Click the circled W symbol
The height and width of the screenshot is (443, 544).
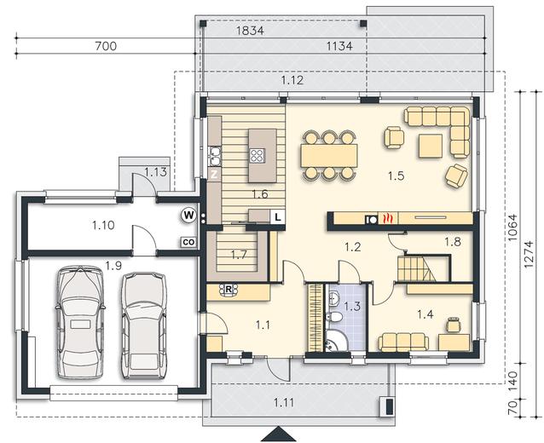[188, 216]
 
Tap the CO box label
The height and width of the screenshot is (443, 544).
[188, 242]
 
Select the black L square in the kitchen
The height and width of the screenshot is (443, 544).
[278, 217]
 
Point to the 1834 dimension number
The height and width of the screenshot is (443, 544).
[250, 31]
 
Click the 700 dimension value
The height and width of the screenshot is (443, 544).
[106, 46]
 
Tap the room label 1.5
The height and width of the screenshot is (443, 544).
[396, 176]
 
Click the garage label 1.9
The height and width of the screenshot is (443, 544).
[113, 266]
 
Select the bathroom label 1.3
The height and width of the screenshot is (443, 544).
[352, 307]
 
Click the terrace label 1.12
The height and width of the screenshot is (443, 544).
[292, 80]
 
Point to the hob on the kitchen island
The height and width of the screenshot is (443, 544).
[258, 156]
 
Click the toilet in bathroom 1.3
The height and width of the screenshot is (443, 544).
[333, 317]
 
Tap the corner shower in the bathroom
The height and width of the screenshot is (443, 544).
[336, 340]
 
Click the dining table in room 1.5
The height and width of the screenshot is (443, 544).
[329, 155]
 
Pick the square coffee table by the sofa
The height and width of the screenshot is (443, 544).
[431, 146]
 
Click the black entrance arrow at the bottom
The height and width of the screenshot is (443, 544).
[278, 434]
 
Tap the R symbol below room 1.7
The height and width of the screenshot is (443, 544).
[229, 290]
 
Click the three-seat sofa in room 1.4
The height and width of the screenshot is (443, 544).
[403, 342]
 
